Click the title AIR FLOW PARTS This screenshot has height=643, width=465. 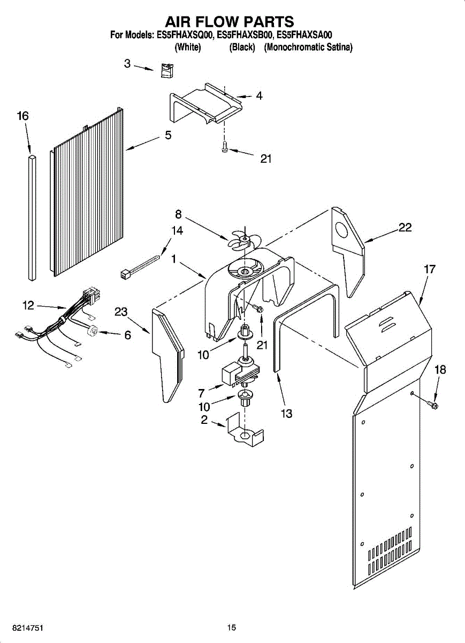click(x=230, y=21)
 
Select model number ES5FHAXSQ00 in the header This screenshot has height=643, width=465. click(x=185, y=35)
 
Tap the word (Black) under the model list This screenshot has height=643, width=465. click(x=242, y=47)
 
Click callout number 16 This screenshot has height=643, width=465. click(x=23, y=116)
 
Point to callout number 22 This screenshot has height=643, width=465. click(x=405, y=227)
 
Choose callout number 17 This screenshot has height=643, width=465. click(x=430, y=269)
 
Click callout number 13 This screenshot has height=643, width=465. click(x=287, y=413)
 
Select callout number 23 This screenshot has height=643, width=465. click(x=121, y=311)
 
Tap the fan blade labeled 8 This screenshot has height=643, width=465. click(x=240, y=239)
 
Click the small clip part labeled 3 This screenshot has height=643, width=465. click(x=166, y=70)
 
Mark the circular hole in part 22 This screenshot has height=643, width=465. click(x=341, y=230)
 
